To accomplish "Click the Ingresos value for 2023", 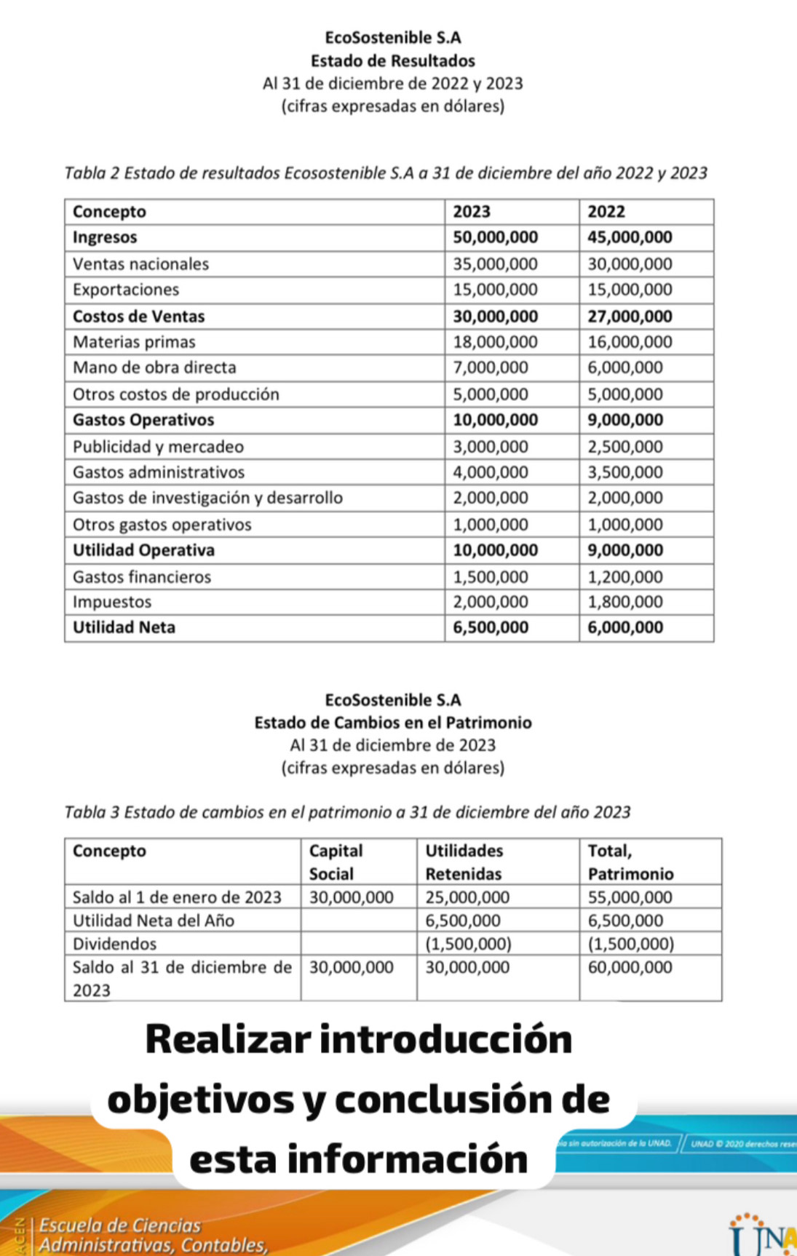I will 495,238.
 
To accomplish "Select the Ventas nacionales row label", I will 140,264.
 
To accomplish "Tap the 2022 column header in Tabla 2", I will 606,212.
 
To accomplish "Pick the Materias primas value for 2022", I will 630,342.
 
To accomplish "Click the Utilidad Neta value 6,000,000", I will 625,627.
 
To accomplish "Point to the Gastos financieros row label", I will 142,577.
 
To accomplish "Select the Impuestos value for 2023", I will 491,602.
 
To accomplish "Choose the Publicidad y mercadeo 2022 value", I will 625,447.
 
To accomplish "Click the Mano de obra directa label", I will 154,367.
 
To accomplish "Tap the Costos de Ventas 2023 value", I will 495,317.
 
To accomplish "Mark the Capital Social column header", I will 336,862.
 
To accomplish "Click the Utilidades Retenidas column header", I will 464,862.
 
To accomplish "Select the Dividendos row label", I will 114,944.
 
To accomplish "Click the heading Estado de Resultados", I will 392,61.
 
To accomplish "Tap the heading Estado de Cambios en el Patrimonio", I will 392,723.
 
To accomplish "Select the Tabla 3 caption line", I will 347,812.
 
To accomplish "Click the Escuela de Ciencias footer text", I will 120,1225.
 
